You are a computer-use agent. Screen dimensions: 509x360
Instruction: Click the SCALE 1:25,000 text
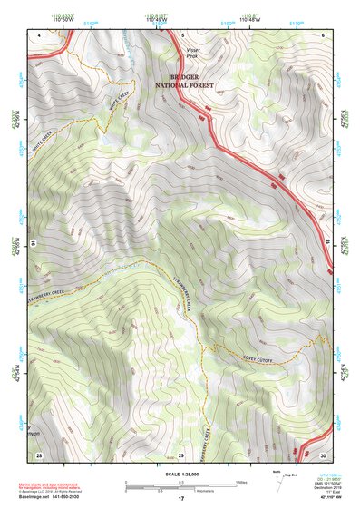click(180, 474)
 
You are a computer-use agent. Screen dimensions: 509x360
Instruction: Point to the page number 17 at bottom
click(180, 499)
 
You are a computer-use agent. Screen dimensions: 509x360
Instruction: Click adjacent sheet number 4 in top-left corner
click(40, 34)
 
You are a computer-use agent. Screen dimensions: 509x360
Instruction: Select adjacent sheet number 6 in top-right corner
click(323, 34)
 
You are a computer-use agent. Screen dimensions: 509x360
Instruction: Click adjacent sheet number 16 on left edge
click(33, 243)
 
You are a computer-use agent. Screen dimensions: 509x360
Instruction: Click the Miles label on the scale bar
click(240, 482)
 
